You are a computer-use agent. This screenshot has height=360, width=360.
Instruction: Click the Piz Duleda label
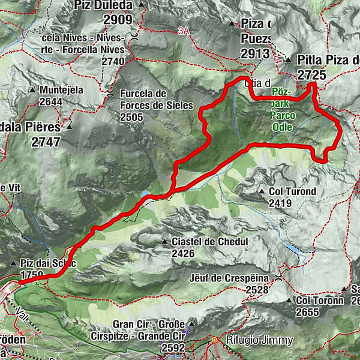103,5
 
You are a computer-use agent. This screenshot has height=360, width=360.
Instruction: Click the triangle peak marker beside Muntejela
32,90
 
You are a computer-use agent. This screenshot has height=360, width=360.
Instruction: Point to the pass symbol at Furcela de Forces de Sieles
110,94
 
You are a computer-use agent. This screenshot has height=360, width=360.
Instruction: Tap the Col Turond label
293,192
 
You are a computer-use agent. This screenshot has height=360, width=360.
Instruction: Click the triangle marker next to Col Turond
262,192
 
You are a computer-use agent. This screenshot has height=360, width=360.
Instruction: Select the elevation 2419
280,204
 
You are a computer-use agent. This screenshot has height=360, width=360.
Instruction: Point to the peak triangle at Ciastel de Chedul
164,242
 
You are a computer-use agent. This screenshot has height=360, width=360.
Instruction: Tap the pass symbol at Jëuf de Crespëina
279,277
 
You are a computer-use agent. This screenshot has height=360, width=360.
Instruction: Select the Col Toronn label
320,300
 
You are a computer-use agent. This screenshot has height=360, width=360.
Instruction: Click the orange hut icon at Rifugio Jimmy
214,340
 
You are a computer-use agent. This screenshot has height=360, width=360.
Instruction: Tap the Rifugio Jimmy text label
259,340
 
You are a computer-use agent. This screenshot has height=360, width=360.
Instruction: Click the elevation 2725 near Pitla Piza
311,75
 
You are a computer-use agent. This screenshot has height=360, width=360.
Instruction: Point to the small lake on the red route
146,194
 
